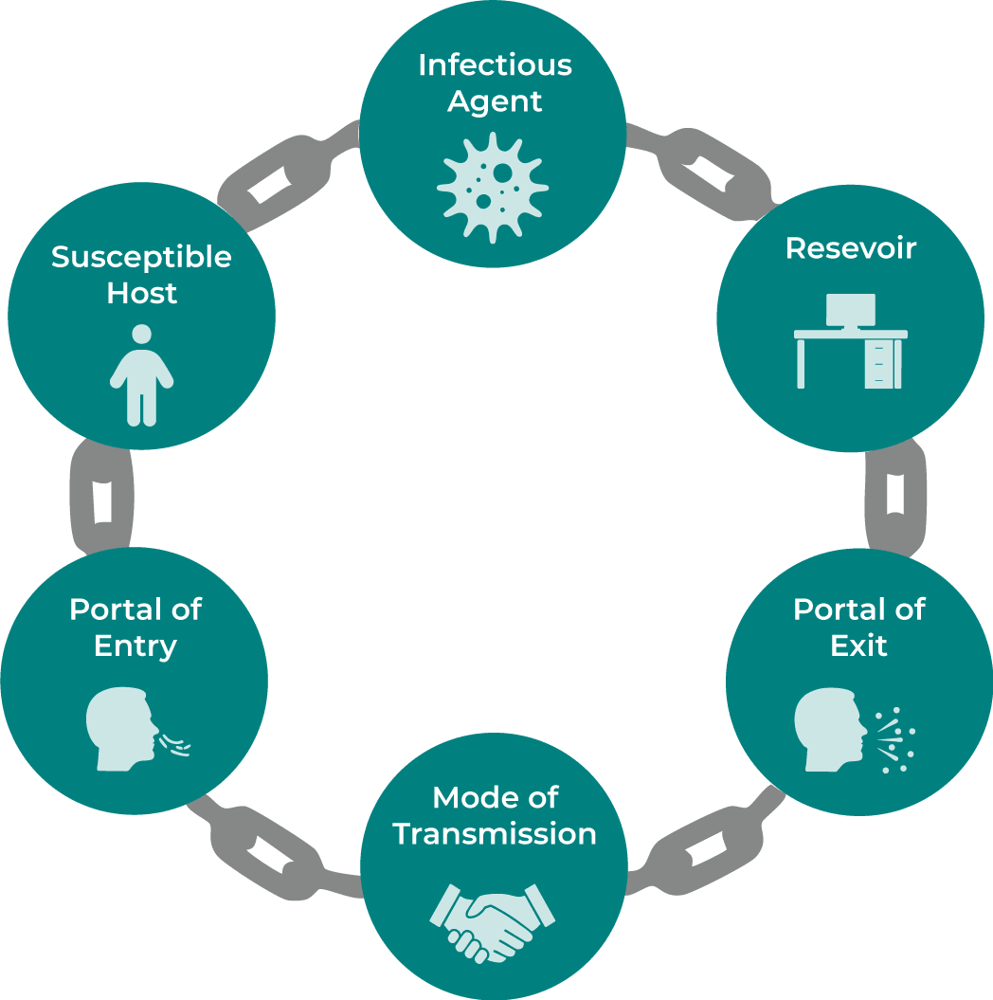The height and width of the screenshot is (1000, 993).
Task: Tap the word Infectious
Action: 495,65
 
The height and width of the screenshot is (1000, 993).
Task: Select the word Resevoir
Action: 850,248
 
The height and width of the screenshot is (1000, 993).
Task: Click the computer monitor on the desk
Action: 850,311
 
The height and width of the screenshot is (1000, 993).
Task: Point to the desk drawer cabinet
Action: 883,363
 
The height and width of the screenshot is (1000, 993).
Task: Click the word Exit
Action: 858,645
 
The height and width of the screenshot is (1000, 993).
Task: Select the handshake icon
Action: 493,918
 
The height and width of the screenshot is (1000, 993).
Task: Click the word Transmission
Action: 495,834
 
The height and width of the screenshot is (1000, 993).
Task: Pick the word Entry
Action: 135,645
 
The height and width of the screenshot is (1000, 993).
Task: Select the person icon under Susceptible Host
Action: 141,374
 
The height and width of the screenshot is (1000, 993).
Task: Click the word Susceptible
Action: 141,257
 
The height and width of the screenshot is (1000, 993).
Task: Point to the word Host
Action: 141,294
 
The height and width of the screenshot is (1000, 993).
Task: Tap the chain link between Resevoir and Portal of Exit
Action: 894,497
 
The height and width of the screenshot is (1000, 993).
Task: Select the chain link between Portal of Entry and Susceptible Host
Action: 99,497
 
